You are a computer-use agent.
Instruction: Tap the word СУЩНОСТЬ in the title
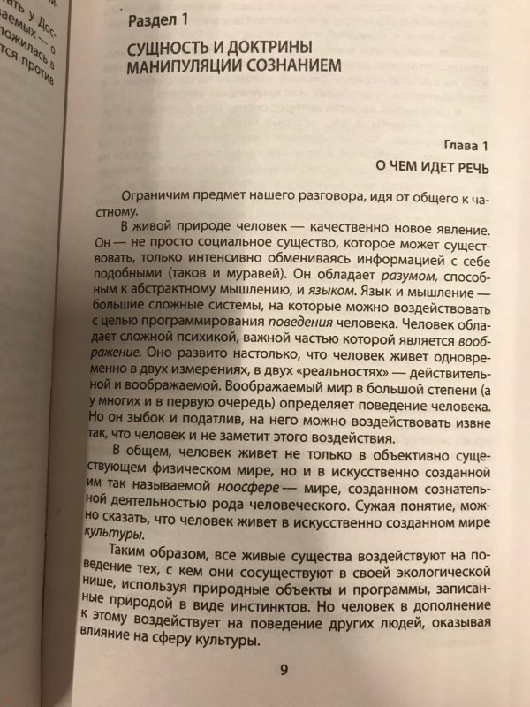point(176,45)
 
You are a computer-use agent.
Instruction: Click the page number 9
point(284,668)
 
